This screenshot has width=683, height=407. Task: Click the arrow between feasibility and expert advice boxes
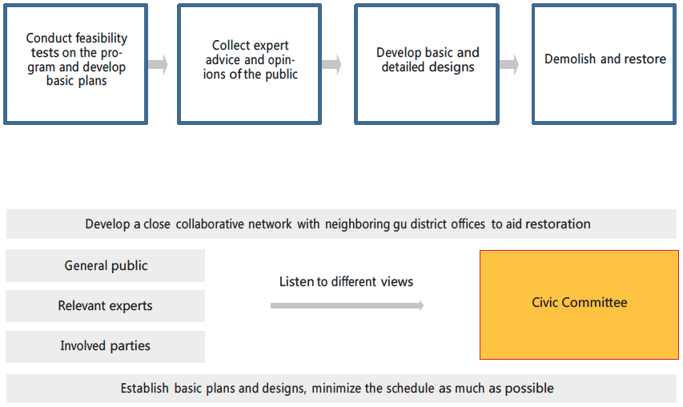158,64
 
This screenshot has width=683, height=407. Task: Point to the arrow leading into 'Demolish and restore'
509,64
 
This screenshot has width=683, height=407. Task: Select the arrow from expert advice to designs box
331,64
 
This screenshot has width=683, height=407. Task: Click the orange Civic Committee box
580,304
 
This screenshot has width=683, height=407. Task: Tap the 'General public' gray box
106,265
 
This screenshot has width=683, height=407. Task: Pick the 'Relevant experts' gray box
106,306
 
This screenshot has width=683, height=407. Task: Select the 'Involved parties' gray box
106,346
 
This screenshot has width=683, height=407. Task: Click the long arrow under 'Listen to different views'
348,305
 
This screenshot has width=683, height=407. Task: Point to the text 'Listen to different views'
346,281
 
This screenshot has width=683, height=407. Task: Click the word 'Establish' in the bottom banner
145,388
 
